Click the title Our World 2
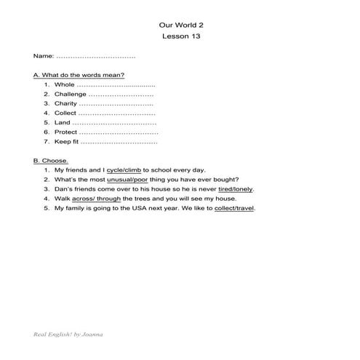point(180,23)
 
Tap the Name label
point(43,56)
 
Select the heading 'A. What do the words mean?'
point(79,75)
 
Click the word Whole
point(65,85)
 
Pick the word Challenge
point(71,95)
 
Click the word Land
point(63,123)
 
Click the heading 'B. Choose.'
point(51,161)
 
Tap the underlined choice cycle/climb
point(124,170)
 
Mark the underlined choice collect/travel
point(234,208)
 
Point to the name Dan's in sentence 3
point(64,189)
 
